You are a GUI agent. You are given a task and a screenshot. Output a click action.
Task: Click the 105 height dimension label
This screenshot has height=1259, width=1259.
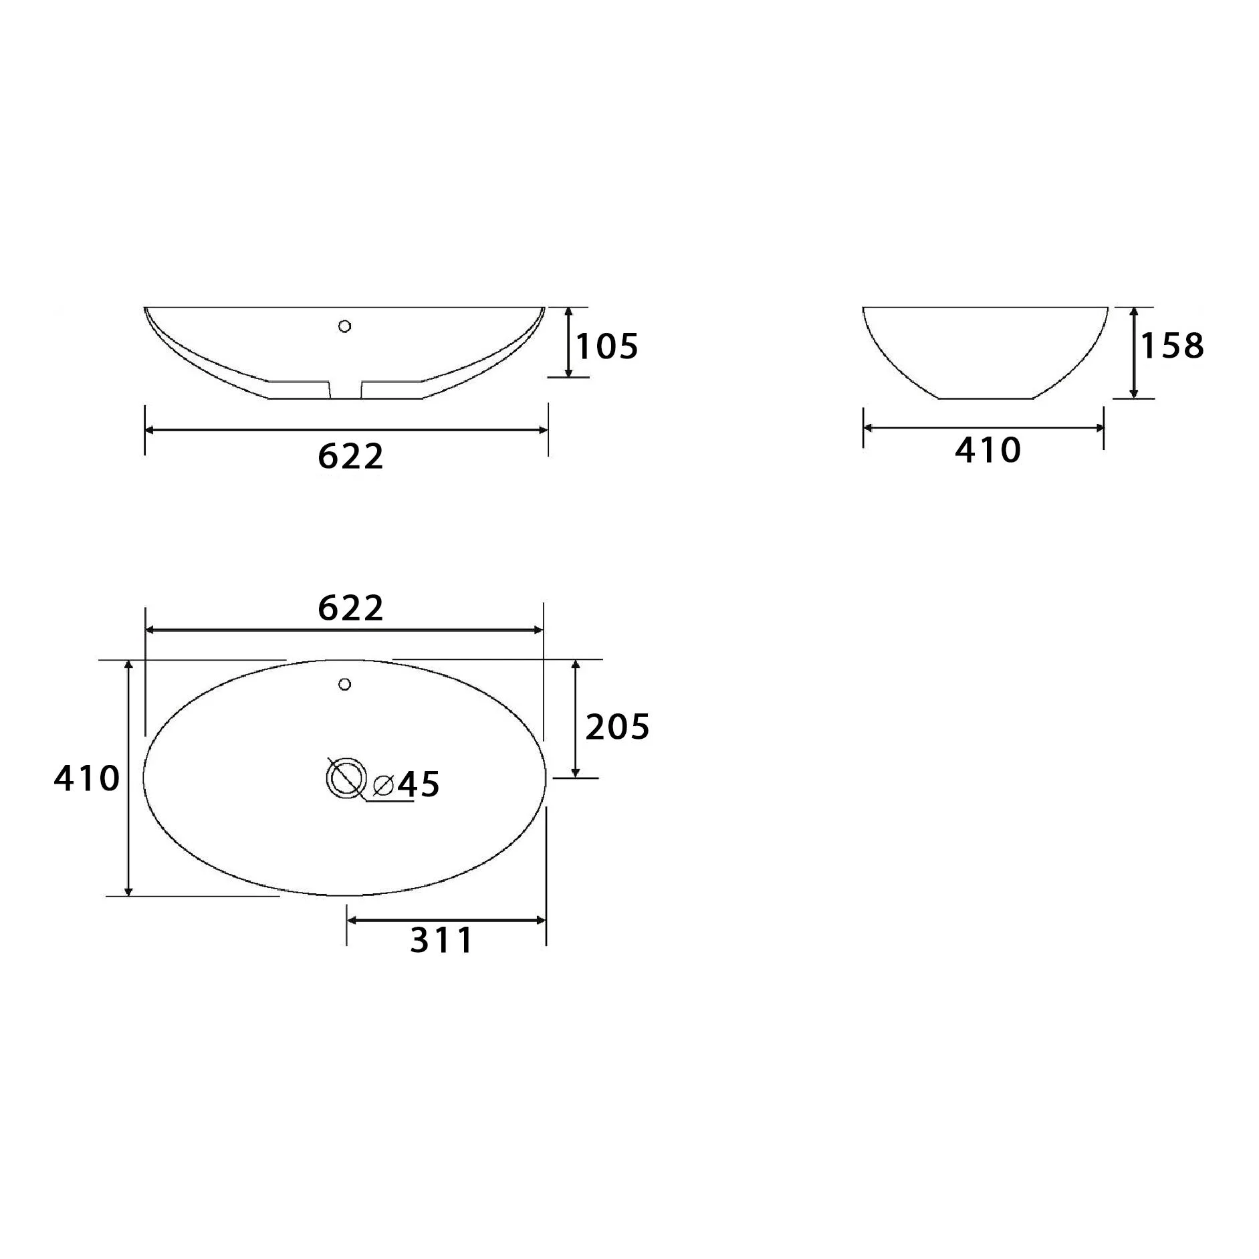[x=607, y=346]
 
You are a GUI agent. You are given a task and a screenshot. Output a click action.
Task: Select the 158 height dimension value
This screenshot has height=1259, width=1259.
[x=1172, y=346]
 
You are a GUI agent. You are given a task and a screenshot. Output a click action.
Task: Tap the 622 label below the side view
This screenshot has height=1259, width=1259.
[x=350, y=456]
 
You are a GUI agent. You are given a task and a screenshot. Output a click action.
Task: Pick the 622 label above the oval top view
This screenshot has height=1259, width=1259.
[x=350, y=608]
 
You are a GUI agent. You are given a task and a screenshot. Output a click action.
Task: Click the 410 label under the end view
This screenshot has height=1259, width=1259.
[x=988, y=450]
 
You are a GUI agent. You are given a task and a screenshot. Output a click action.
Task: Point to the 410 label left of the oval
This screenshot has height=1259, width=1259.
[x=87, y=778]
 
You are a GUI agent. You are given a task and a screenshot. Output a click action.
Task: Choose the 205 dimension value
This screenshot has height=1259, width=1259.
[x=617, y=727]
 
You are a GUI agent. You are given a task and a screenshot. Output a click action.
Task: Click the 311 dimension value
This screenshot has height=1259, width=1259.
[x=441, y=940]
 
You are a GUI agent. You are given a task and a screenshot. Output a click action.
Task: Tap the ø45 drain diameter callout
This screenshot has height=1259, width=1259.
[x=406, y=784]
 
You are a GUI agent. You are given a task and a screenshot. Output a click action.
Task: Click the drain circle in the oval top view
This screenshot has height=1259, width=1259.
[x=346, y=778]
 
